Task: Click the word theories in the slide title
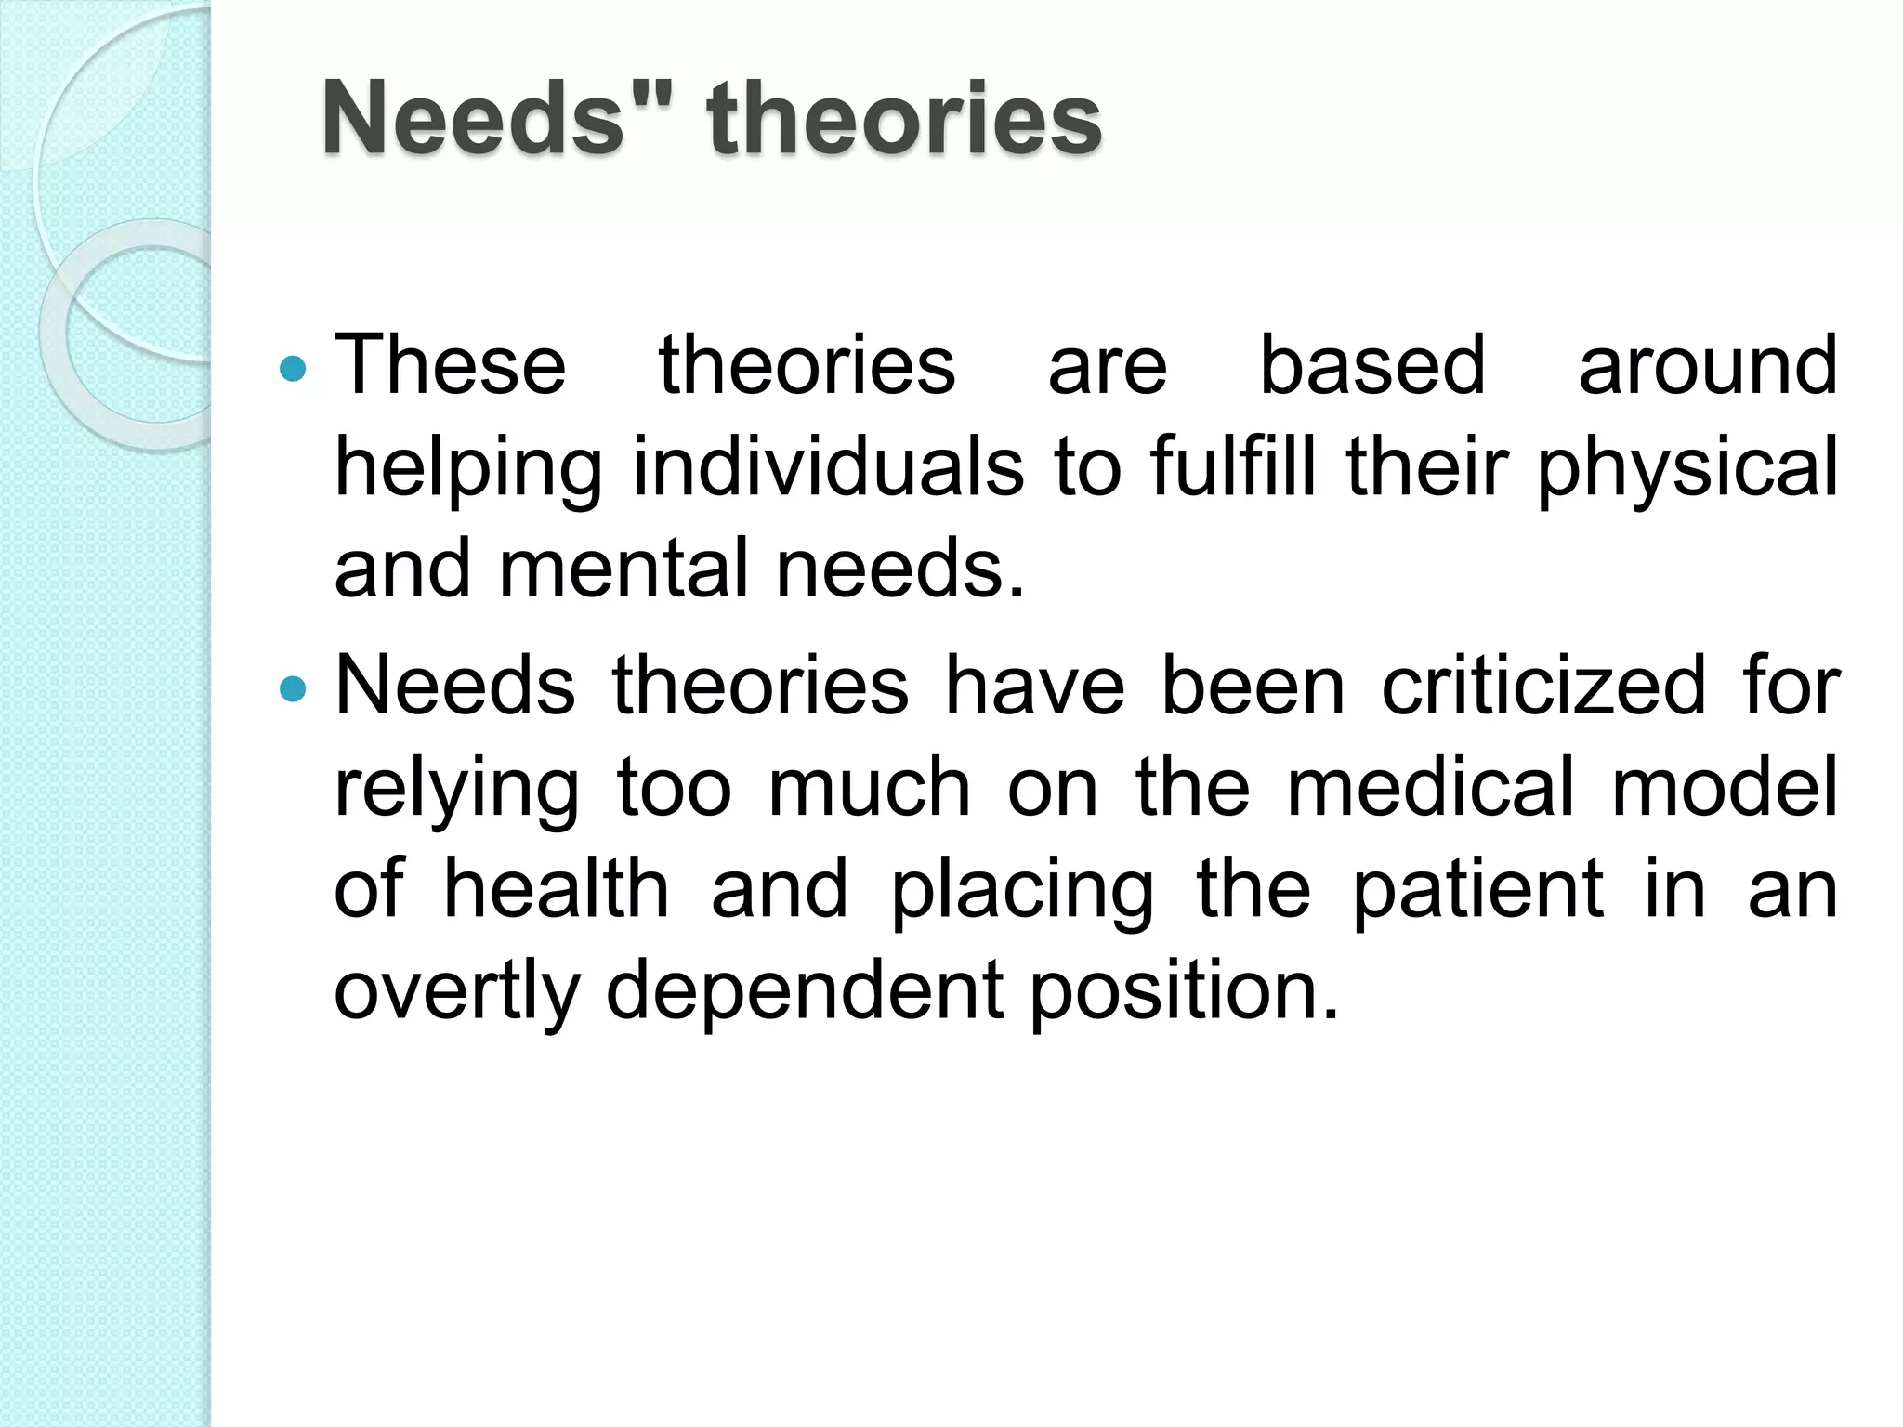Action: click(903, 119)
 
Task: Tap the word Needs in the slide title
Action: click(473, 119)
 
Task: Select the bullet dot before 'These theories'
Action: click(293, 369)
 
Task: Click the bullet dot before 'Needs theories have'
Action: click(293, 689)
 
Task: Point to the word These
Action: click(450, 365)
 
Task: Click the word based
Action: click(1371, 365)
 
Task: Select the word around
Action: click(1708, 365)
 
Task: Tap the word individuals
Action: click(828, 466)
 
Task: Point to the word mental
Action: click(623, 568)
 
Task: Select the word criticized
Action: click(1543, 687)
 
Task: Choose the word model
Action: click(1725, 788)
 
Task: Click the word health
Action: click(556, 889)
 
